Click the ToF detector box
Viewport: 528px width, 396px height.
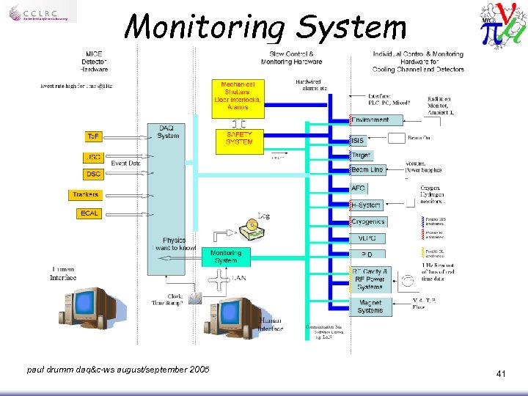point(94,136)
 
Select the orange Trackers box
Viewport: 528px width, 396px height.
point(86,195)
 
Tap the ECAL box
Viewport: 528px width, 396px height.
point(88,213)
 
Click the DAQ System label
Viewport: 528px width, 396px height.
point(168,132)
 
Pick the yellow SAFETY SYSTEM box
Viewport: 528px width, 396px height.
point(239,141)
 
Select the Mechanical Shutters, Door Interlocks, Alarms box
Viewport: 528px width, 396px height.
point(238,98)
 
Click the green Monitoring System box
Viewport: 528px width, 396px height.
point(226,257)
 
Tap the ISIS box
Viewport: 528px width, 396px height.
point(358,140)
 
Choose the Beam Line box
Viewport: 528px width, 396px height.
point(367,170)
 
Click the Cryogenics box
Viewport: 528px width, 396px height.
point(368,221)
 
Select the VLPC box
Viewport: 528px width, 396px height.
point(367,238)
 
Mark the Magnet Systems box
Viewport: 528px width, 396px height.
point(370,307)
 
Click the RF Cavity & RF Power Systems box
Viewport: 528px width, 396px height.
point(370,279)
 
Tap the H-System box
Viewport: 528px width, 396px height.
point(365,205)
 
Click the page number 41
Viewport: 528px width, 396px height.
point(501,374)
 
